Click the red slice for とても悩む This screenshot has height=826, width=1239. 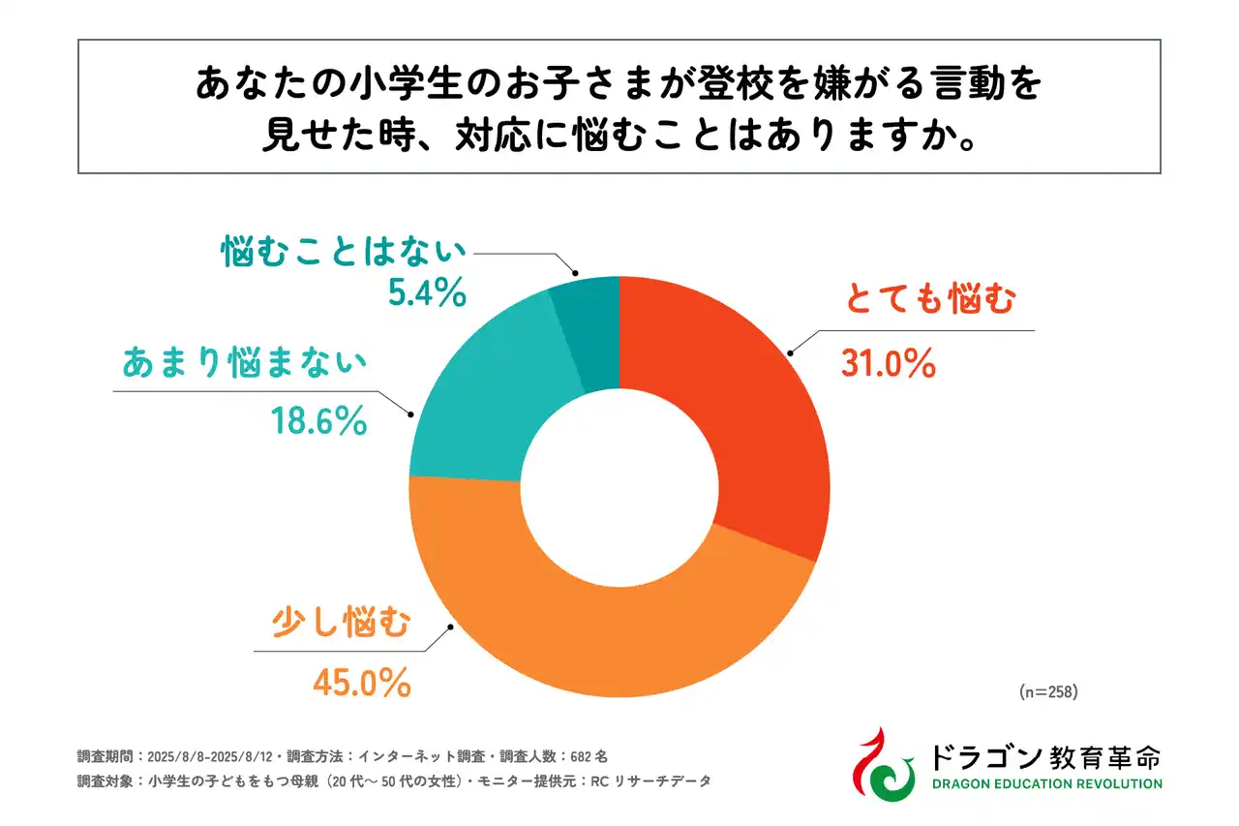tap(736, 407)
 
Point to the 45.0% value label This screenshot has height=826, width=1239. tap(361, 683)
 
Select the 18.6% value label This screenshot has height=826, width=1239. tap(317, 420)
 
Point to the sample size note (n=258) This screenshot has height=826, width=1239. tap(1048, 692)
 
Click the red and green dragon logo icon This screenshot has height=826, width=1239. tap(883, 764)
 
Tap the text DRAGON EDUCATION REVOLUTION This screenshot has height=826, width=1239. tap(1045, 783)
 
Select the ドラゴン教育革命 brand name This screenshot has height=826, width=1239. tap(1045, 753)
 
